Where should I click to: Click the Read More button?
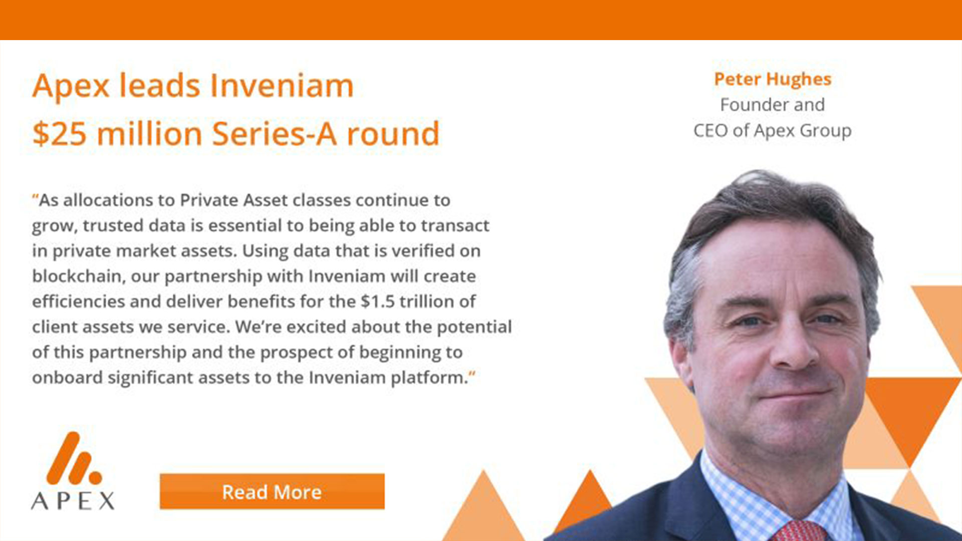point(272,492)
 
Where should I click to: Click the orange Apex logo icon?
point(73,458)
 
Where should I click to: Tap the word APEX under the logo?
point(73,500)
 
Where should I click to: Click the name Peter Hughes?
point(772,79)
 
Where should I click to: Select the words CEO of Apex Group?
point(772,131)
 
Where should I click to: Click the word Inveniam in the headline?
point(282,86)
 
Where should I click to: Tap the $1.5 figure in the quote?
point(378,302)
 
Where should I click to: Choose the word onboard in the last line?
point(67,378)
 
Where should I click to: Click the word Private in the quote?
point(209,200)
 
